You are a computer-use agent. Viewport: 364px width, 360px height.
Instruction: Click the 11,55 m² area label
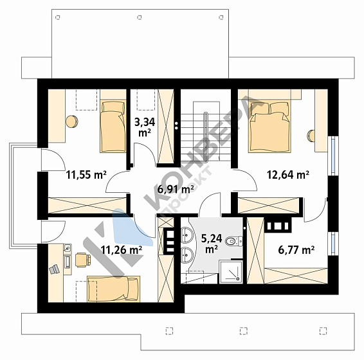(86, 175)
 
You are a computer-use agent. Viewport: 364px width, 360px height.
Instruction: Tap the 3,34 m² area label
(145, 127)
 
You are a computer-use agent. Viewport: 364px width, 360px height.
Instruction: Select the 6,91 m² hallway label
(176, 190)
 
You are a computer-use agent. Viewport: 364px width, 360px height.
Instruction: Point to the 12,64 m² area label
(288, 175)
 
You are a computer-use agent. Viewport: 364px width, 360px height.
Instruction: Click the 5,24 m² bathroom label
(212, 244)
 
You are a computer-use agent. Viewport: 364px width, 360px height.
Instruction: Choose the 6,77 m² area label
(296, 250)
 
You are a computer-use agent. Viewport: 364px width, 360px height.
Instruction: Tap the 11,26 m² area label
(122, 250)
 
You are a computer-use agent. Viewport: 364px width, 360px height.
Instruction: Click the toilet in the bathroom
(233, 241)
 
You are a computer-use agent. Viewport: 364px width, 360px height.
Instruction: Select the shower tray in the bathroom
(231, 272)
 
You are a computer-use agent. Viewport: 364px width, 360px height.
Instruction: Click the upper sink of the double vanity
(187, 235)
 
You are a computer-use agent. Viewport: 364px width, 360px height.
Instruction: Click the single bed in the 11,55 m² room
(113, 127)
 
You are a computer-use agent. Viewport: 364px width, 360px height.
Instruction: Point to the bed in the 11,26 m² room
(114, 289)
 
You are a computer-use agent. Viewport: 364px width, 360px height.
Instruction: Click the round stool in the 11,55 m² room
(72, 122)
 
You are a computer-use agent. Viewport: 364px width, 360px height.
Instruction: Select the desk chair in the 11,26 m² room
(83, 260)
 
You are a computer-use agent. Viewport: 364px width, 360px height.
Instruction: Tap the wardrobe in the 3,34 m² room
(166, 127)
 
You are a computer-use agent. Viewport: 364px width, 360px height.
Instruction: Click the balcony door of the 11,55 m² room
(53, 160)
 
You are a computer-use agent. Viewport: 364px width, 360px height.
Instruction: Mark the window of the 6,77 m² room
(333, 244)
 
